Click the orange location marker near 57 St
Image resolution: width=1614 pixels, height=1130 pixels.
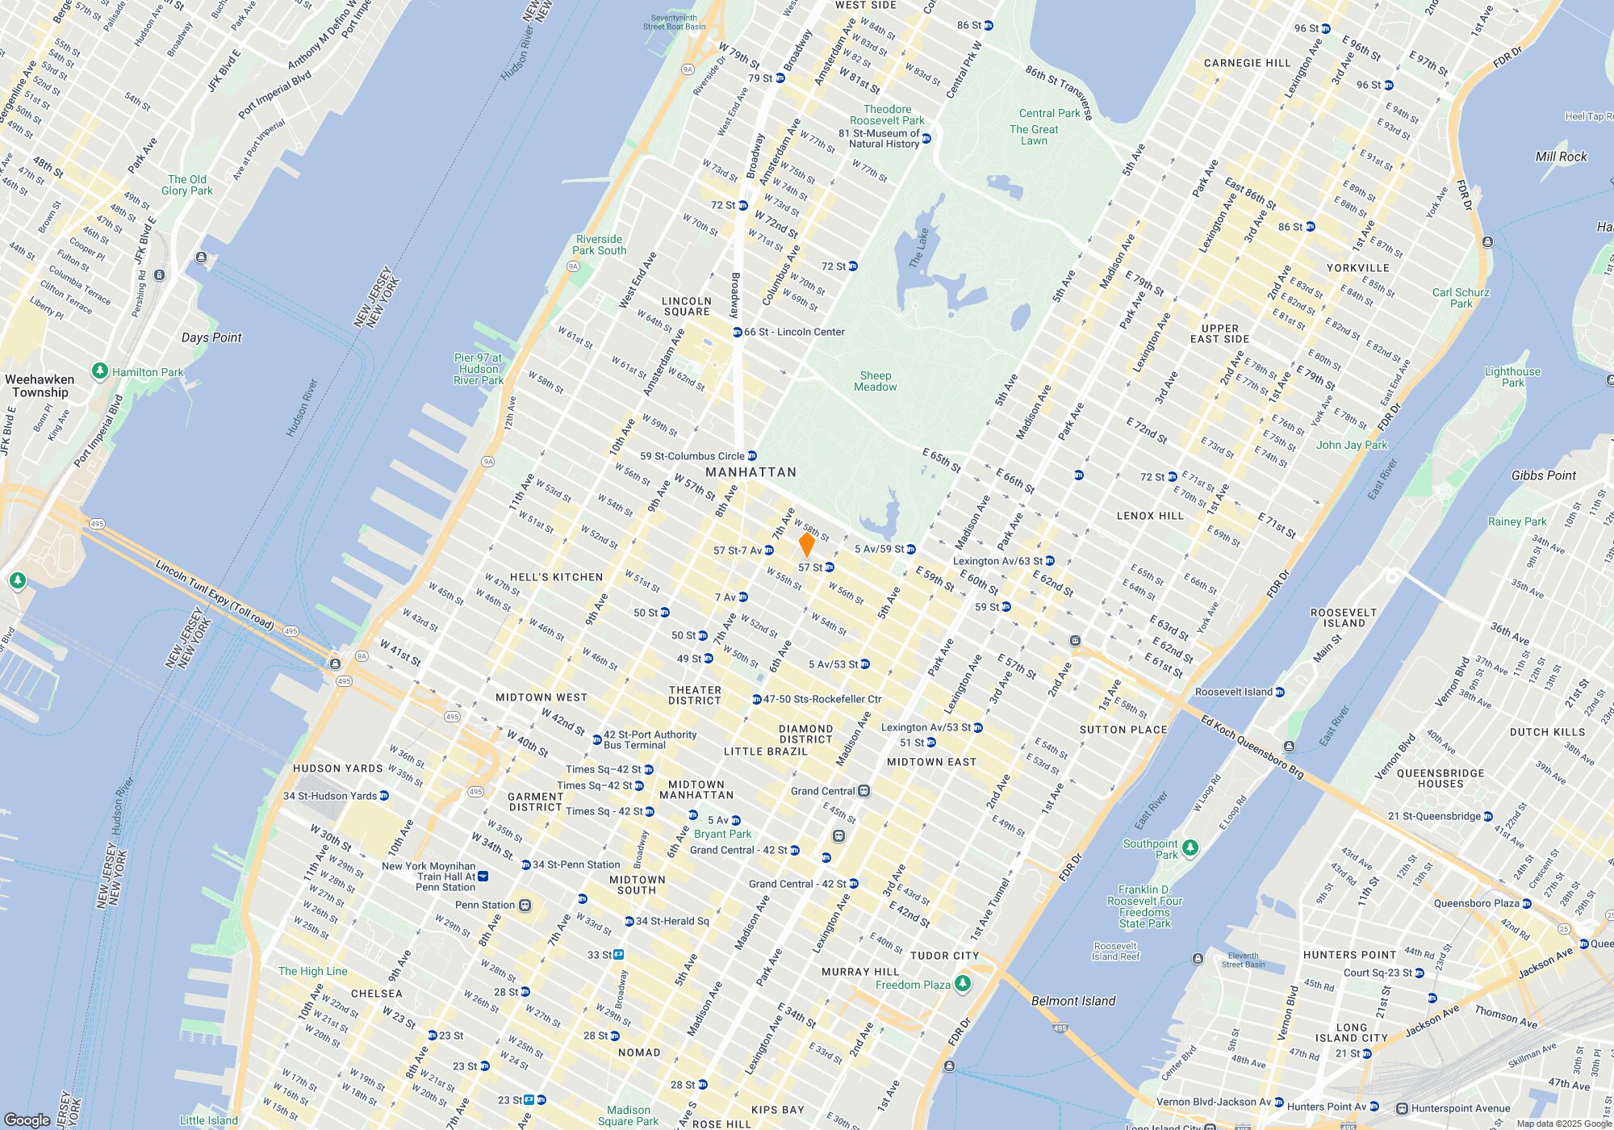(x=806, y=543)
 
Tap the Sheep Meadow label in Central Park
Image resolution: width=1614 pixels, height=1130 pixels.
(x=876, y=381)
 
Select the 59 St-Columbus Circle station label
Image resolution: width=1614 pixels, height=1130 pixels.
(x=692, y=456)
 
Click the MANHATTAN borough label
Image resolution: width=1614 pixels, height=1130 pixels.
(x=751, y=472)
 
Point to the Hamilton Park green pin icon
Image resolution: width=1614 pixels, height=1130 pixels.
(x=100, y=370)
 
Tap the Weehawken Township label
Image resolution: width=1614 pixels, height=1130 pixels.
(x=40, y=386)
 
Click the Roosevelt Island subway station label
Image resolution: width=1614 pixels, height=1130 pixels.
(x=1233, y=692)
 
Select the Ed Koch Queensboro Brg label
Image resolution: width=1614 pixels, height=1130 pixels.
(x=1252, y=747)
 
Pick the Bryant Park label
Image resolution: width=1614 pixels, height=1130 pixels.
(x=722, y=834)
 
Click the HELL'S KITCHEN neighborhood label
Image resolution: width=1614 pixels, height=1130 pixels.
(x=556, y=577)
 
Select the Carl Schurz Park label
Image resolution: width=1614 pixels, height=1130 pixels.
(x=1461, y=298)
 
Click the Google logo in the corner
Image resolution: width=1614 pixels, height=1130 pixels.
(x=27, y=1120)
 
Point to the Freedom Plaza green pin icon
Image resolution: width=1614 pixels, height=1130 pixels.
(x=962, y=983)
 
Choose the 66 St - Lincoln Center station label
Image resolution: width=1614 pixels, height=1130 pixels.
(x=794, y=332)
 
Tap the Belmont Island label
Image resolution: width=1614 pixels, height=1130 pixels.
(x=1073, y=1001)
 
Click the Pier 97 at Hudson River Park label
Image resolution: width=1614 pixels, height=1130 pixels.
(x=479, y=369)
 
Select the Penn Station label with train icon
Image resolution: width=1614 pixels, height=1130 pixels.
(x=484, y=905)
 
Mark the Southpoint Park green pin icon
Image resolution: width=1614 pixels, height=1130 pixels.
(x=1190, y=847)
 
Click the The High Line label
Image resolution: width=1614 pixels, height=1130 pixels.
(x=312, y=971)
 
